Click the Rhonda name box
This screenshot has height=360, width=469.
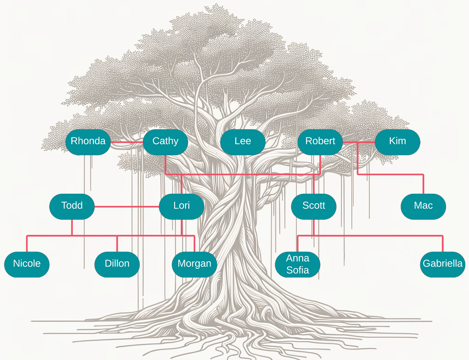tap(88, 142)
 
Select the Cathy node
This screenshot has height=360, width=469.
tap(165, 142)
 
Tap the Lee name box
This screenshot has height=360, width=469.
tap(242, 142)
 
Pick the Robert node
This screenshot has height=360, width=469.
tap(320, 142)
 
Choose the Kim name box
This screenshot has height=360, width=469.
tap(397, 142)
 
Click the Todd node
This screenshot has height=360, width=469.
tap(72, 206)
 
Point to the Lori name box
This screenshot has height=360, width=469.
tap(181, 206)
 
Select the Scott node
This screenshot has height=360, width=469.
tap(314, 206)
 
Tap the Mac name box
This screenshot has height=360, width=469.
tap(423, 206)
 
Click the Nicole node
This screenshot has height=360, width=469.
tap(27, 264)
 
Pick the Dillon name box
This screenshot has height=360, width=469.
tap(117, 264)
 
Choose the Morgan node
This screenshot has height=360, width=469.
tap(194, 264)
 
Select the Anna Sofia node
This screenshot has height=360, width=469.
tap(298, 264)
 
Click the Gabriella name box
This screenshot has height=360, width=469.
tap(442, 264)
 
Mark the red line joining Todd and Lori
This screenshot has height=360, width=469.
tap(126, 207)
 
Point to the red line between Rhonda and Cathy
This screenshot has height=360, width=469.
tap(127, 142)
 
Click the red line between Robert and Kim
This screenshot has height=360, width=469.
tap(359, 142)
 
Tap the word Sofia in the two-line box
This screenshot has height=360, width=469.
tap(298, 270)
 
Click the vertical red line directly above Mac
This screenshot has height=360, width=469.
tap(423, 184)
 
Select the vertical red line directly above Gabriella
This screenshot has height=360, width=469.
tap(443, 244)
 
